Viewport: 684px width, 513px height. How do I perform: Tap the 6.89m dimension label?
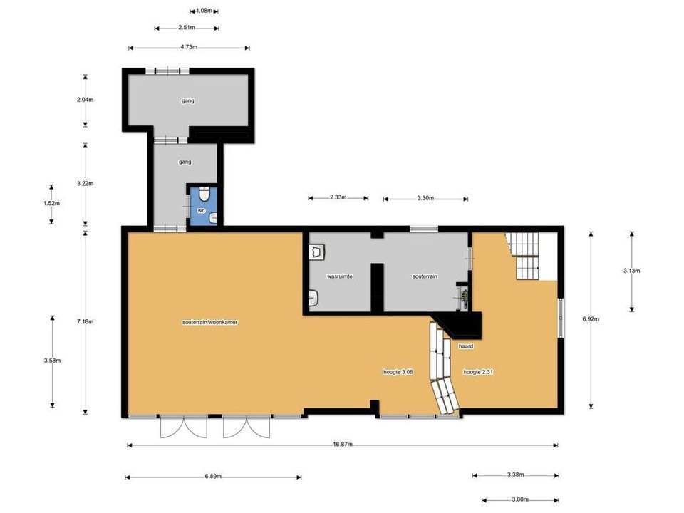(x=213, y=477)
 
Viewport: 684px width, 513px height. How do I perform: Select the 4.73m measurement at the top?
(x=189, y=48)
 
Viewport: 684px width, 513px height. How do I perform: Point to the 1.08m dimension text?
(x=204, y=11)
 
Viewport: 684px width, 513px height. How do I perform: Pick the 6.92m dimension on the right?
(x=591, y=319)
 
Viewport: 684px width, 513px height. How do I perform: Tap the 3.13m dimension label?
(x=632, y=271)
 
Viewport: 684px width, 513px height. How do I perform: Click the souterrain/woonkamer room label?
(x=210, y=323)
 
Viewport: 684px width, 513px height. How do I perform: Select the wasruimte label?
(x=340, y=276)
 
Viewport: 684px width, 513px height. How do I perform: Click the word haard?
(x=466, y=346)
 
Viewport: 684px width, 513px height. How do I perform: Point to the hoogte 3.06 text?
(x=399, y=372)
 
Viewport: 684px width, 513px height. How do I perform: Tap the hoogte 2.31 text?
(x=479, y=372)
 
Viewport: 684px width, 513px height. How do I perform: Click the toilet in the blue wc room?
(x=204, y=195)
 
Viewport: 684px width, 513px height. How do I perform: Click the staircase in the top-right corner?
(x=527, y=256)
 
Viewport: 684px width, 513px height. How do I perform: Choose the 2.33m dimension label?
(x=338, y=197)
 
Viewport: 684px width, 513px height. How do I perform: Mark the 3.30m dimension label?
(x=426, y=197)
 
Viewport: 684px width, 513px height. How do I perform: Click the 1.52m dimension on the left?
(x=52, y=203)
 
